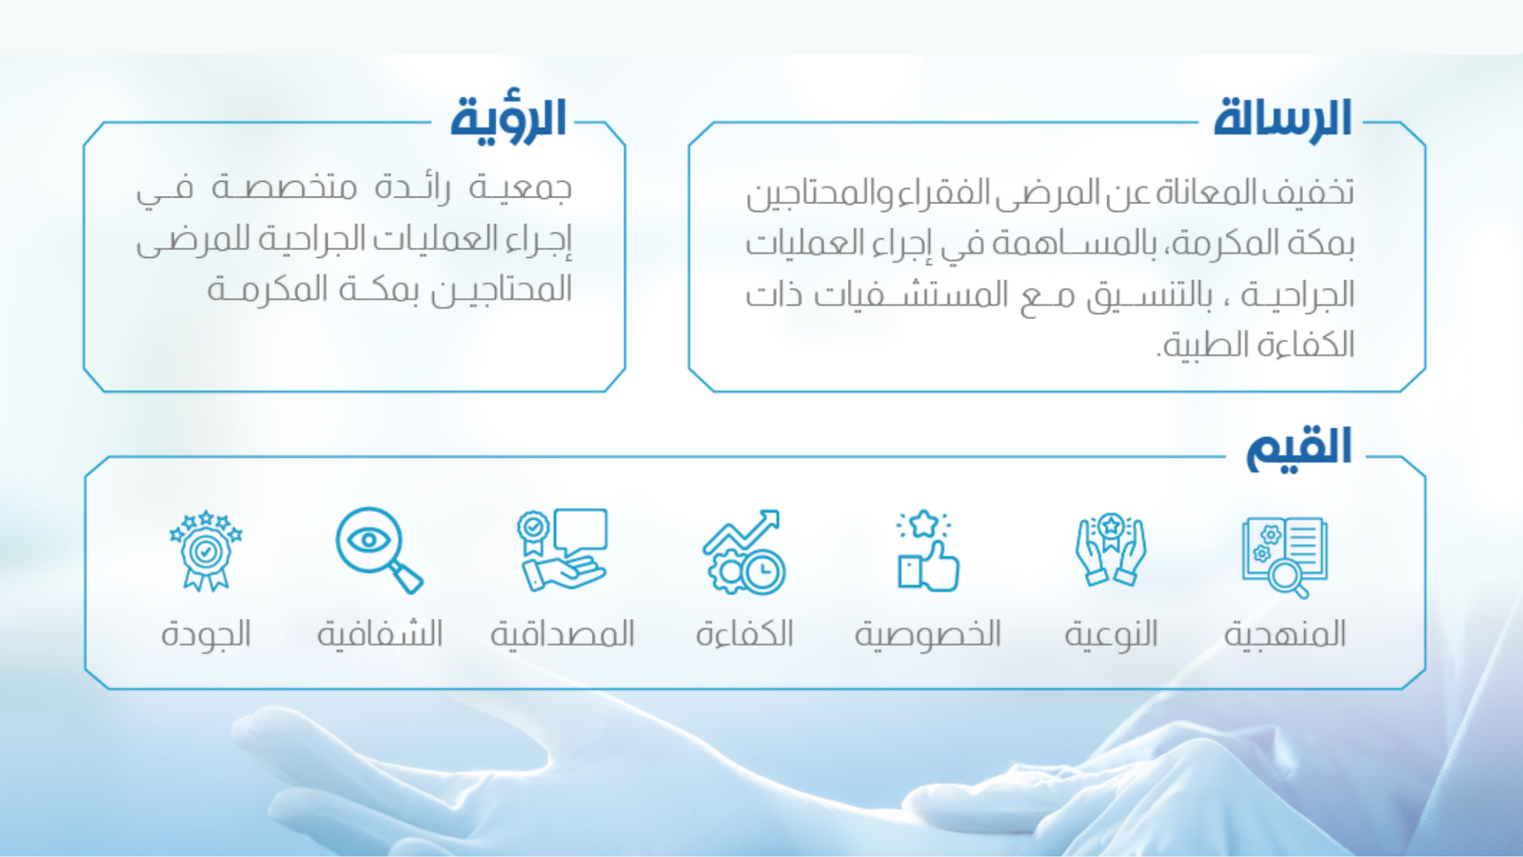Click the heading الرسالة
(x=1282, y=120)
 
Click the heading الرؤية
(x=508, y=120)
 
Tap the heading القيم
(x=1298, y=448)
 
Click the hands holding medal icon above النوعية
(x=1111, y=549)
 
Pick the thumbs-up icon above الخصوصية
(x=927, y=551)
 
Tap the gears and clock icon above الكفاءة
(x=743, y=551)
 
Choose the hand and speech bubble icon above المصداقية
(x=562, y=549)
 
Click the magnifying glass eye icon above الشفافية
(x=380, y=550)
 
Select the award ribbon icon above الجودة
(x=206, y=551)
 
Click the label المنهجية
(x=1285, y=634)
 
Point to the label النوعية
(x=1111, y=634)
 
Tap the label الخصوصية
(x=927, y=634)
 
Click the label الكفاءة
(x=744, y=634)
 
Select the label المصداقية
(x=563, y=634)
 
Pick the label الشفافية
(x=380, y=634)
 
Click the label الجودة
(x=206, y=634)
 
